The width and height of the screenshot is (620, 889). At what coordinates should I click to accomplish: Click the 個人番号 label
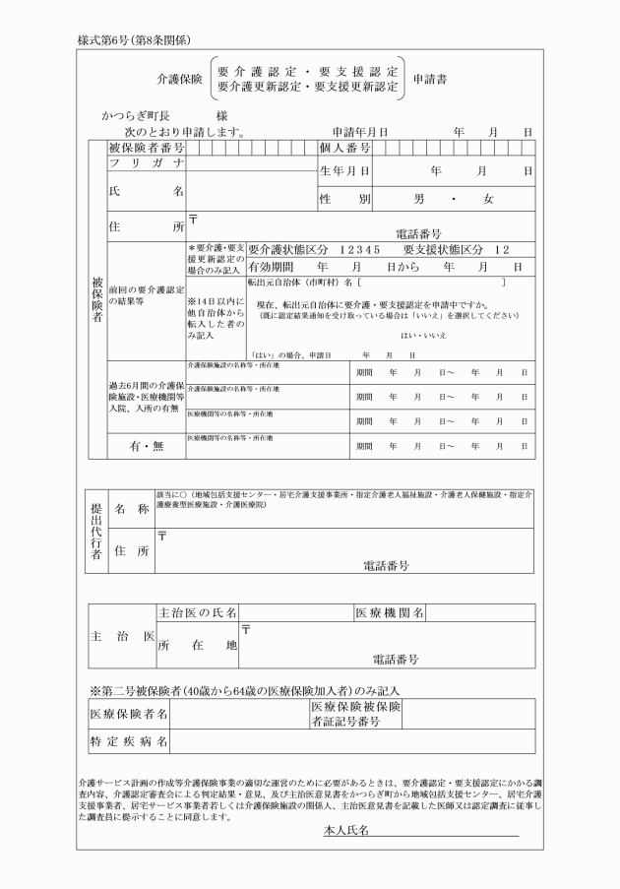pos(344,148)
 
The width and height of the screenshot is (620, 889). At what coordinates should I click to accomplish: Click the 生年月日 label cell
pos(344,170)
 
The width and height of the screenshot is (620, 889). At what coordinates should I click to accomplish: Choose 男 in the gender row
pos(419,199)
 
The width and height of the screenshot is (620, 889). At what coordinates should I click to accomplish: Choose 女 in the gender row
pos(487,199)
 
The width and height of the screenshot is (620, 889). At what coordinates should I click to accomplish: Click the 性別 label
pos(344,199)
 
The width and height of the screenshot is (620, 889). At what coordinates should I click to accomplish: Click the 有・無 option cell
pos(147,446)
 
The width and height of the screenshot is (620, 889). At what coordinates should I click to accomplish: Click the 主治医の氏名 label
pos(198,612)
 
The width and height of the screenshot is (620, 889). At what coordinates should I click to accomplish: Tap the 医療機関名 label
pos(390,612)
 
